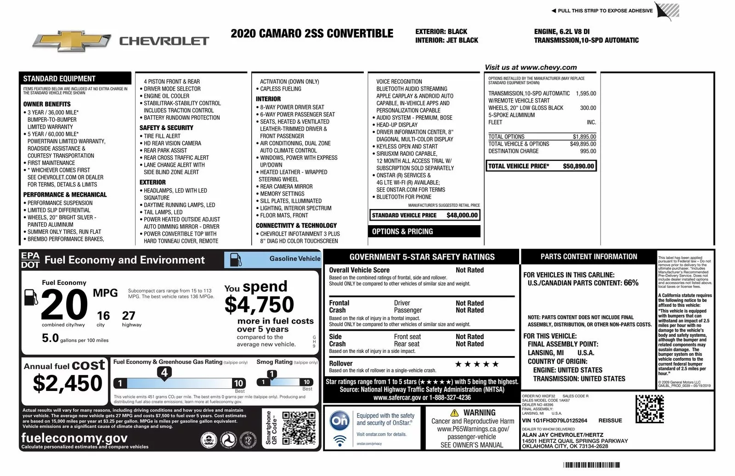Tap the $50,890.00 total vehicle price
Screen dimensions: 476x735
tap(578, 166)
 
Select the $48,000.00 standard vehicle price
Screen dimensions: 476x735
tap(462, 215)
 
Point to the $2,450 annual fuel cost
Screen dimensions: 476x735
tap(68, 383)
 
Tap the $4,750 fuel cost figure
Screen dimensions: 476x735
tap(259, 305)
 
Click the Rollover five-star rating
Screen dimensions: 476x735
tap(476, 364)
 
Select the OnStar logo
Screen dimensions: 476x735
tap(340, 421)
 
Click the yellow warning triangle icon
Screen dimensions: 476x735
tap(454, 413)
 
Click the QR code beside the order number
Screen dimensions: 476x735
tap(650, 408)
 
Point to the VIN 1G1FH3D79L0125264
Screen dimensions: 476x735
tap(554, 420)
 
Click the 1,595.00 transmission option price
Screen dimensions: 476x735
tap(586, 93)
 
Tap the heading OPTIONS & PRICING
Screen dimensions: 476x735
tap(402, 232)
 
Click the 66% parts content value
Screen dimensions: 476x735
tap(631, 283)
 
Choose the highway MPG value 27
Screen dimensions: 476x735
tap(129, 316)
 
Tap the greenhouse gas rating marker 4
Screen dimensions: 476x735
tap(164, 372)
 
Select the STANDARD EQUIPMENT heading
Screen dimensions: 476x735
tap(59, 79)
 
